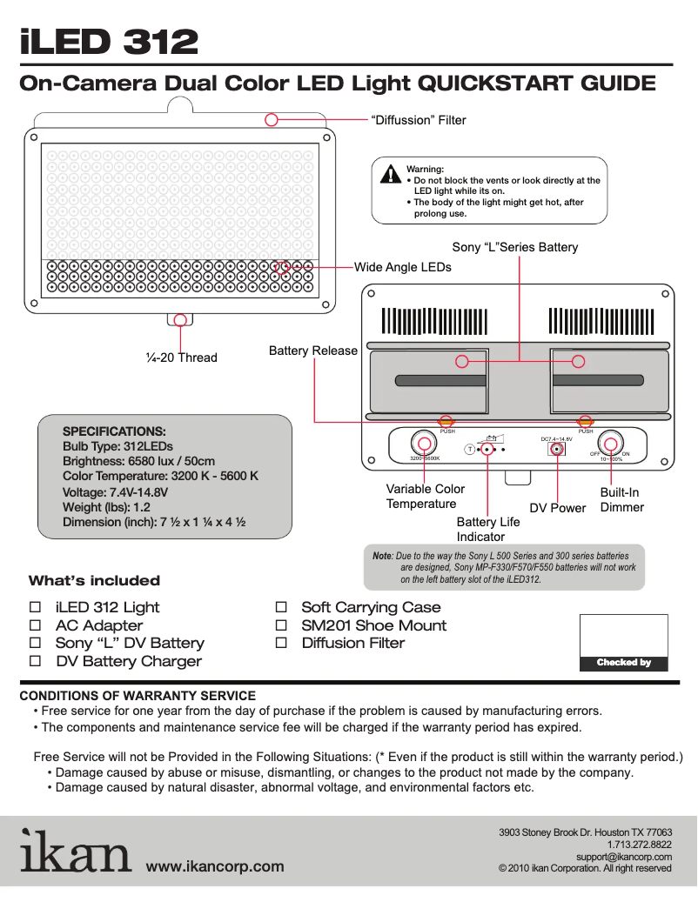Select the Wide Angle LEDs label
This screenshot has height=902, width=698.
(x=402, y=267)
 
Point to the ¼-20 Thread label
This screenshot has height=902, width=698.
(x=181, y=357)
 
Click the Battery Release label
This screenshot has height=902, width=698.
(x=312, y=351)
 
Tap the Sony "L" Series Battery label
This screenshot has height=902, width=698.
(x=514, y=247)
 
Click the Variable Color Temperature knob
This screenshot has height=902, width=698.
(x=424, y=441)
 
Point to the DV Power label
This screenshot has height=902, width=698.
(x=558, y=508)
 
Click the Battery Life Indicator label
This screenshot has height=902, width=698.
(x=487, y=529)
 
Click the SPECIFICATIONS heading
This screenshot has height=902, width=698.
(x=114, y=431)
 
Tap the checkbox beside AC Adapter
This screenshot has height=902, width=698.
(x=36, y=625)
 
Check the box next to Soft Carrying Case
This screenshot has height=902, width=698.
(x=281, y=607)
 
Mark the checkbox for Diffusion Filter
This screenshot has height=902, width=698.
(x=281, y=643)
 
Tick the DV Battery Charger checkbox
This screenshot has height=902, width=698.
(x=36, y=661)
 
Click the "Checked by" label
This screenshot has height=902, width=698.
(x=623, y=663)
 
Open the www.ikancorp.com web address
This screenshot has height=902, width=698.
(x=215, y=866)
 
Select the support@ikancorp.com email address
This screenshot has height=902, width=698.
(x=624, y=857)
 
